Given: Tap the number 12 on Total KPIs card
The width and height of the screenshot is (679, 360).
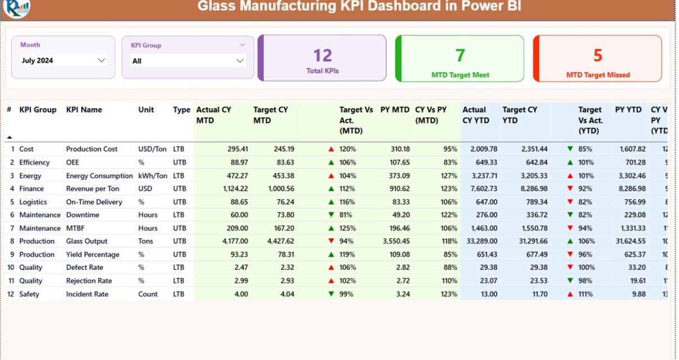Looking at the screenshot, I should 323,56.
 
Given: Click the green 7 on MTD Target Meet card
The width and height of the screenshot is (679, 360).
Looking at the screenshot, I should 460,56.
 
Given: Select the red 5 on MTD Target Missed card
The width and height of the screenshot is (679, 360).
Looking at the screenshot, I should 598,56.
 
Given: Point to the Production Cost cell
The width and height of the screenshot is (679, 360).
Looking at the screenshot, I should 91,149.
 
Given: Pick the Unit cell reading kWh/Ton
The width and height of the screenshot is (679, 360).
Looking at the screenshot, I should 153,176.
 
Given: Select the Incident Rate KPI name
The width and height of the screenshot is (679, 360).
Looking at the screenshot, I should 87,294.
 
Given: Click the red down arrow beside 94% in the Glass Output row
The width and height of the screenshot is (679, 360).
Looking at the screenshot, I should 331,241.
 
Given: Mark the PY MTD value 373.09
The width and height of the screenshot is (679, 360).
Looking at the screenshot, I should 396,176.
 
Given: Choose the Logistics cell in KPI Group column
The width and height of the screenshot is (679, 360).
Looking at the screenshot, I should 33,202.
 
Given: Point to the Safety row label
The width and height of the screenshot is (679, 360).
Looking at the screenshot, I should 29,294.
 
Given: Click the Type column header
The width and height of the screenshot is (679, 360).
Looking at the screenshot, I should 181,110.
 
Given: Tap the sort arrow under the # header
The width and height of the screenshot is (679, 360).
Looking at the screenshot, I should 10,137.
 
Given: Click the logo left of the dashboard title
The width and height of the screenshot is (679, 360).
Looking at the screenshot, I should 16,7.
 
